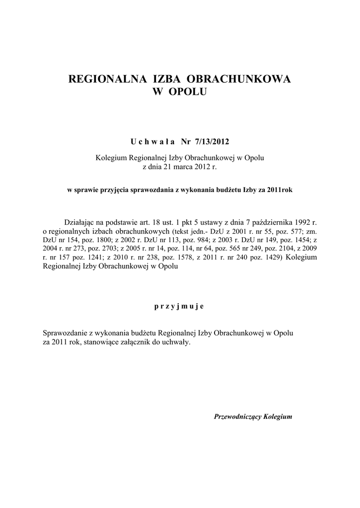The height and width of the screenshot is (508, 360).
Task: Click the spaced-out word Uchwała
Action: pos(152,142)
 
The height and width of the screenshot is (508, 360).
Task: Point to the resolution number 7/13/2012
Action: pos(213,142)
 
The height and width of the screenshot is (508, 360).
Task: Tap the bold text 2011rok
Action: pos(279,190)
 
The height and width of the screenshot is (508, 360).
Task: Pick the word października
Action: pos(269,222)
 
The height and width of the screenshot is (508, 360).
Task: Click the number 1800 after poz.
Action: pos(102,240)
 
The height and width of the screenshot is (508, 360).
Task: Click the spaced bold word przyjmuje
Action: pos(180,306)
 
